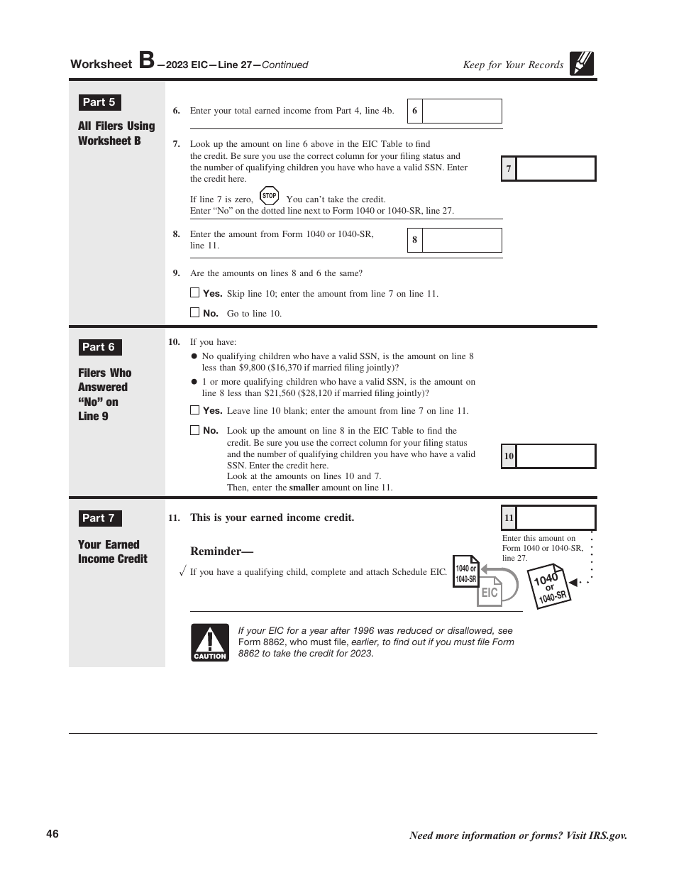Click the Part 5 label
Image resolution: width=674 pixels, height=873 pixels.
pos(99,102)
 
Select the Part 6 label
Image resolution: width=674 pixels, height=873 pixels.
pos(99,347)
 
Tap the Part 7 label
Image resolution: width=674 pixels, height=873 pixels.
pos(99,518)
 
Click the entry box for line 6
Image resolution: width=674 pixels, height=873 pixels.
pos(462,111)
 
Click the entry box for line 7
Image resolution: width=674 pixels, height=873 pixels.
pos(556,169)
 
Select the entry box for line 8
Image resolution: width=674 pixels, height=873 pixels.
pos(462,240)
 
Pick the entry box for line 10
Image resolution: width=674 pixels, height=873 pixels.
pos(556,456)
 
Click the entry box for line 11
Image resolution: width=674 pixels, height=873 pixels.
pos(556,518)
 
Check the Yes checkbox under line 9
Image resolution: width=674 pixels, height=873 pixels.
pos(195,292)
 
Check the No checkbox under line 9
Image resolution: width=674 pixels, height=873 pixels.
pos(195,312)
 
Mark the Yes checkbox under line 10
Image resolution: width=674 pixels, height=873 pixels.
pos(195,410)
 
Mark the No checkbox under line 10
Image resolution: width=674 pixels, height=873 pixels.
pos(195,429)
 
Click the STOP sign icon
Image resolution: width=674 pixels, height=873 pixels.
pos(269,196)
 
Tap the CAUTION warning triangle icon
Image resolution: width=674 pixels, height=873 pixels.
pos(210,642)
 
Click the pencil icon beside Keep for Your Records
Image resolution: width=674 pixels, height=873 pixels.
pos(582,64)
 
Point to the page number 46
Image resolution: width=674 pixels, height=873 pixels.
pos(53,834)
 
